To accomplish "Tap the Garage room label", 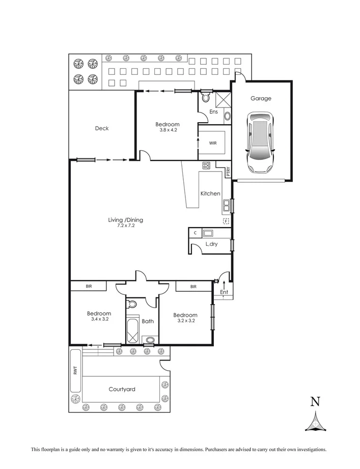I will coord(260,98).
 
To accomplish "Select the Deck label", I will coord(102,128).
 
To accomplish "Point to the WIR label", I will coord(213,143).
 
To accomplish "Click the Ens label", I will coord(214,112).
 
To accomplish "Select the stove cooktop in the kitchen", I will coord(207,165).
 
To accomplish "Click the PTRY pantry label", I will coord(228,172).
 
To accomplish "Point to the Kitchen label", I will coord(210,194).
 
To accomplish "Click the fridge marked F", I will coord(226,221).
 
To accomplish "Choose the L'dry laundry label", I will coord(212,244).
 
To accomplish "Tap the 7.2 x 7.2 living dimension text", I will coord(125,226).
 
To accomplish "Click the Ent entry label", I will coord(224,292).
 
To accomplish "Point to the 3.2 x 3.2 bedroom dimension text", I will coord(185,321).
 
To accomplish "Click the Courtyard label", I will coord(122,390).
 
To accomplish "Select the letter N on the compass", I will coord(315,402).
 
